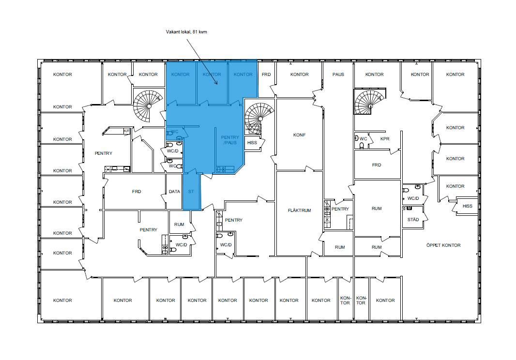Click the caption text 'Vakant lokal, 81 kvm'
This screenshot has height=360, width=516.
point(186,32)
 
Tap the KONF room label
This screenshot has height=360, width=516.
point(300,135)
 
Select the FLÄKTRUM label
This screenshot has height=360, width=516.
point(300,210)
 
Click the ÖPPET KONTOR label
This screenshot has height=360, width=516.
point(443,245)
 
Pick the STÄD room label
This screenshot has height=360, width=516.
point(413,220)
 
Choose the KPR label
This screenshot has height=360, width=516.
point(385,139)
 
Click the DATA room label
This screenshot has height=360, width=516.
point(174,192)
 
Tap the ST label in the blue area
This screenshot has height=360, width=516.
point(191,192)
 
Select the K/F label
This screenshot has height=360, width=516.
point(127,131)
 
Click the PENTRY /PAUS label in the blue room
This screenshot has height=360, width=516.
point(230,140)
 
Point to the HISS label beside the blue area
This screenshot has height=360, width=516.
point(252,142)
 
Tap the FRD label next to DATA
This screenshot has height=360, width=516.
point(137,192)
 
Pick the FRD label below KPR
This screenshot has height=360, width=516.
point(377,165)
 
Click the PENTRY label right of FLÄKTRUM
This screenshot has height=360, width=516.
point(340,209)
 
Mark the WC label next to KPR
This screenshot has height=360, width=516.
point(364,139)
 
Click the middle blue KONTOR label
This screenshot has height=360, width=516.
point(212,75)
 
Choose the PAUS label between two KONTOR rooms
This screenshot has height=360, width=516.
point(338,75)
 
